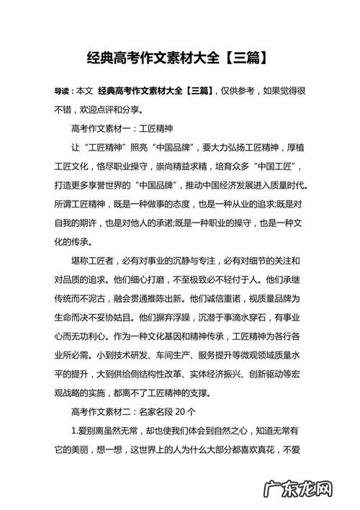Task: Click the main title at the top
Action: pos(180,56)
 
